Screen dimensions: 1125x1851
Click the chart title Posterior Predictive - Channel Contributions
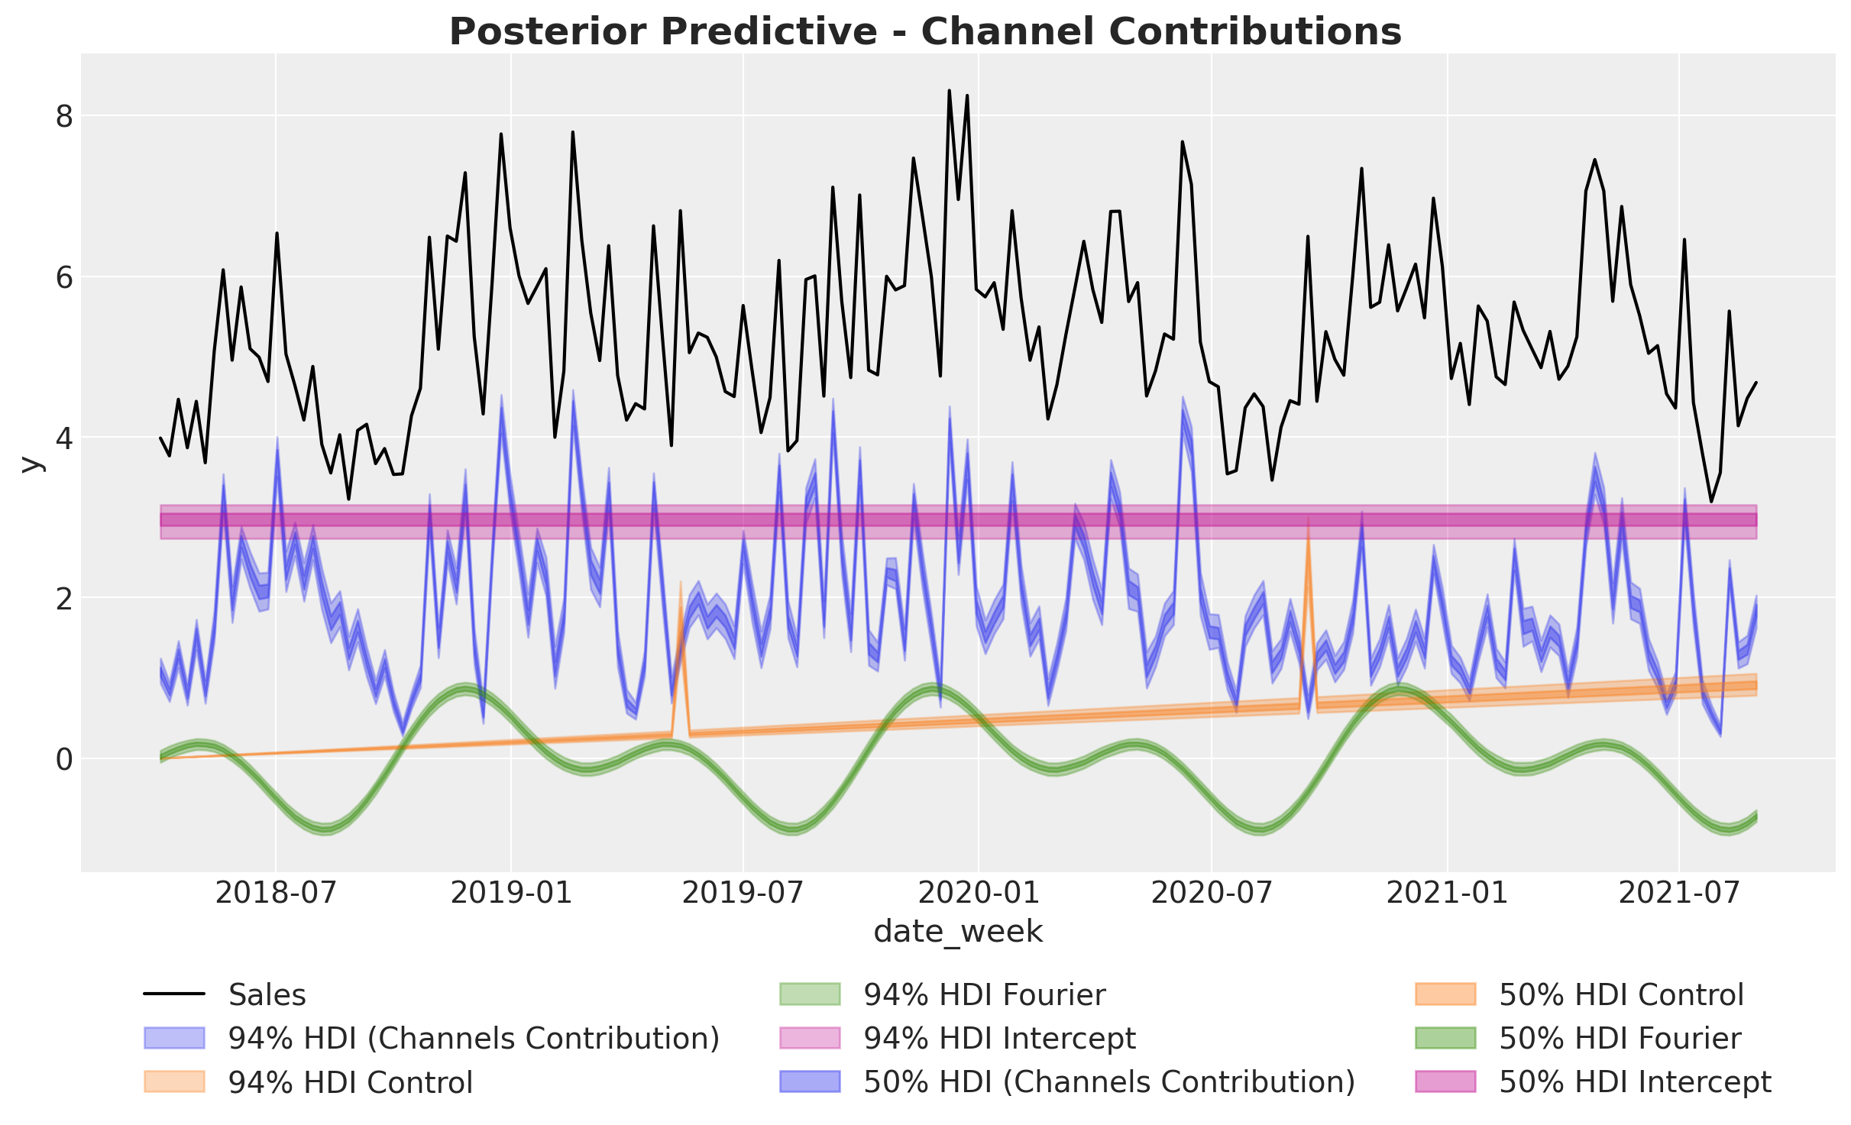click(x=925, y=32)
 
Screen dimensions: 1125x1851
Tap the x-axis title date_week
click(x=958, y=932)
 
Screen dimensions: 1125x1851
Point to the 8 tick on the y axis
click(x=64, y=117)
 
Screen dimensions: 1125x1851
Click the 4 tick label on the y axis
click(x=64, y=438)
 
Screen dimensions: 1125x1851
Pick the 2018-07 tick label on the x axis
click(x=276, y=892)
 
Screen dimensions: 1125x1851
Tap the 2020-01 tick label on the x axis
click(x=978, y=892)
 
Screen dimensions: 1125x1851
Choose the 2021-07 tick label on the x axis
click(x=1678, y=892)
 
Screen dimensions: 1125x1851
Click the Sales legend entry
click(x=267, y=995)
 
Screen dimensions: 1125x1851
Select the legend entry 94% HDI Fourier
click(x=984, y=995)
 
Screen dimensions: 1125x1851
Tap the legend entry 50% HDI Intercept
click(x=1635, y=1082)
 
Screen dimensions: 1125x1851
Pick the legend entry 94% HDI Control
click(x=350, y=1082)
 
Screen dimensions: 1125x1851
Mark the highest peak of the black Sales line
click(x=949, y=91)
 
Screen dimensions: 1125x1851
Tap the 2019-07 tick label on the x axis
click(x=743, y=892)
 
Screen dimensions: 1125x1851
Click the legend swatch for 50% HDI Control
click(x=1445, y=995)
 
